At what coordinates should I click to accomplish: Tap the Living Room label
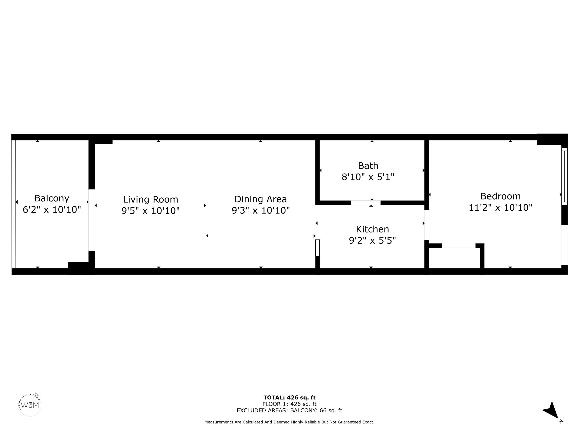151,199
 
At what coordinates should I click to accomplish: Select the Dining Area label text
261,199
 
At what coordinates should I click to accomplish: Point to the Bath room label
368,166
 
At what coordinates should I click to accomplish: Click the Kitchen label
372,229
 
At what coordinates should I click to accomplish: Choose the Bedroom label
500,196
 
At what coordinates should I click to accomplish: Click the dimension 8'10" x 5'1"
368,177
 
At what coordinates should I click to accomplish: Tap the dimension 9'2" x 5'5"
372,240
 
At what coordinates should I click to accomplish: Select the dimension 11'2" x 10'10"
500,207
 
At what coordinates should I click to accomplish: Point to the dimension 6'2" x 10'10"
52,209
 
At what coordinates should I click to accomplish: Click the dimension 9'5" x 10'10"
151,211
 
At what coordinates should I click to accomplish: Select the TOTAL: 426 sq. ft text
289,398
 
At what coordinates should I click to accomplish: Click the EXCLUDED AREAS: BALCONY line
289,410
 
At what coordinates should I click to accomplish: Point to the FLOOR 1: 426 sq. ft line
289,404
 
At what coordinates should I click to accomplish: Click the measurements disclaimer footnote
289,422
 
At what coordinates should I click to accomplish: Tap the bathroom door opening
366,203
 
